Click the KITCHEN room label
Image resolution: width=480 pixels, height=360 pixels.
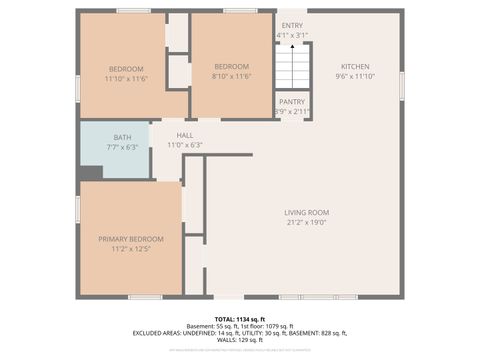354,66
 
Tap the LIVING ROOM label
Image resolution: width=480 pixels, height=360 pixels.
306,212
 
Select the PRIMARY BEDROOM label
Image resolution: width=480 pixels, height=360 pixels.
130,239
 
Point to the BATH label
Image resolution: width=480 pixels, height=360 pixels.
122,138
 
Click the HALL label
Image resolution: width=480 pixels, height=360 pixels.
185,136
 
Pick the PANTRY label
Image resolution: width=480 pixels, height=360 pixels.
292,102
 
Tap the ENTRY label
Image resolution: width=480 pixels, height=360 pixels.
292,25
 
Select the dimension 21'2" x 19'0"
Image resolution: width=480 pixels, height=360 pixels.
306,223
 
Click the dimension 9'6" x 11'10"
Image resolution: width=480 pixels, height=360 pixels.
354,76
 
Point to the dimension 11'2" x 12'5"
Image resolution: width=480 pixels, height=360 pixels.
130,249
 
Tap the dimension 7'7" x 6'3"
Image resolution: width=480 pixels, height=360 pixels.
122,147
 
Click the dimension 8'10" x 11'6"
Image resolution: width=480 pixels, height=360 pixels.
231,77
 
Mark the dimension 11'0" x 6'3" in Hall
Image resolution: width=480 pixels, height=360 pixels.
185,146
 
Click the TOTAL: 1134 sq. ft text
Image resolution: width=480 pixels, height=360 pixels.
240,318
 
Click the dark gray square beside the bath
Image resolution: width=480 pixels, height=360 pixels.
90,172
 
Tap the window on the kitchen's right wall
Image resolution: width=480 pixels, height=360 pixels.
401,85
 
